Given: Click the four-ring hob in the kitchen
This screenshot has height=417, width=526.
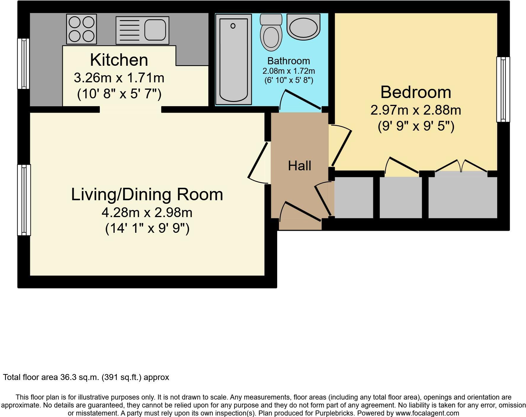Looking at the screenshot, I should [x=81, y=29].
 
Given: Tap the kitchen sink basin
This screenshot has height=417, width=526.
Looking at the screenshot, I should [x=155, y=30].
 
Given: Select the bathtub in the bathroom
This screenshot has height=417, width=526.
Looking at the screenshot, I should [x=233, y=59].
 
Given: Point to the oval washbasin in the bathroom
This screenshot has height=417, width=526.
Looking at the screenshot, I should [x=304, y=27].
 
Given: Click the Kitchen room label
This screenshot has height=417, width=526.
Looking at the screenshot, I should [x=119, y=60].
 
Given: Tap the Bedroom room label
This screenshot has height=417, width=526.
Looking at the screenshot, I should [x=416, y=92].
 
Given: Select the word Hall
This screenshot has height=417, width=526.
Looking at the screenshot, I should [x=299, y=166].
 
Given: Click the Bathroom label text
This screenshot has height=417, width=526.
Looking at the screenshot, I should [x=288, y=61].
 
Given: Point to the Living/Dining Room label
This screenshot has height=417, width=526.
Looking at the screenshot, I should [x=147, y=195].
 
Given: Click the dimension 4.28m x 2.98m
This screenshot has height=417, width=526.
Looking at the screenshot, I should [x=147, y=212].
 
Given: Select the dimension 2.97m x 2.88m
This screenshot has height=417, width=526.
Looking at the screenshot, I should [x=416, y=110].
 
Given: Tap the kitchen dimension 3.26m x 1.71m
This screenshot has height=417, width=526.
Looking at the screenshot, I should [x=119, y=78].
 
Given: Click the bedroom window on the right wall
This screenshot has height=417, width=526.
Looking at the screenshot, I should [x=503, y=89].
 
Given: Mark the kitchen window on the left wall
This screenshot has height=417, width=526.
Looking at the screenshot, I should [x=23, y=63].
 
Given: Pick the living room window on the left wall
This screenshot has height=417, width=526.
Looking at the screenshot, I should [x=24, y=200].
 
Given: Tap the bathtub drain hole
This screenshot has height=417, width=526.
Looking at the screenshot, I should [x=233, y=26].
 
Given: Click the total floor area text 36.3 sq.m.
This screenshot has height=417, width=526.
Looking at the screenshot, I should [x=86, y=377].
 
